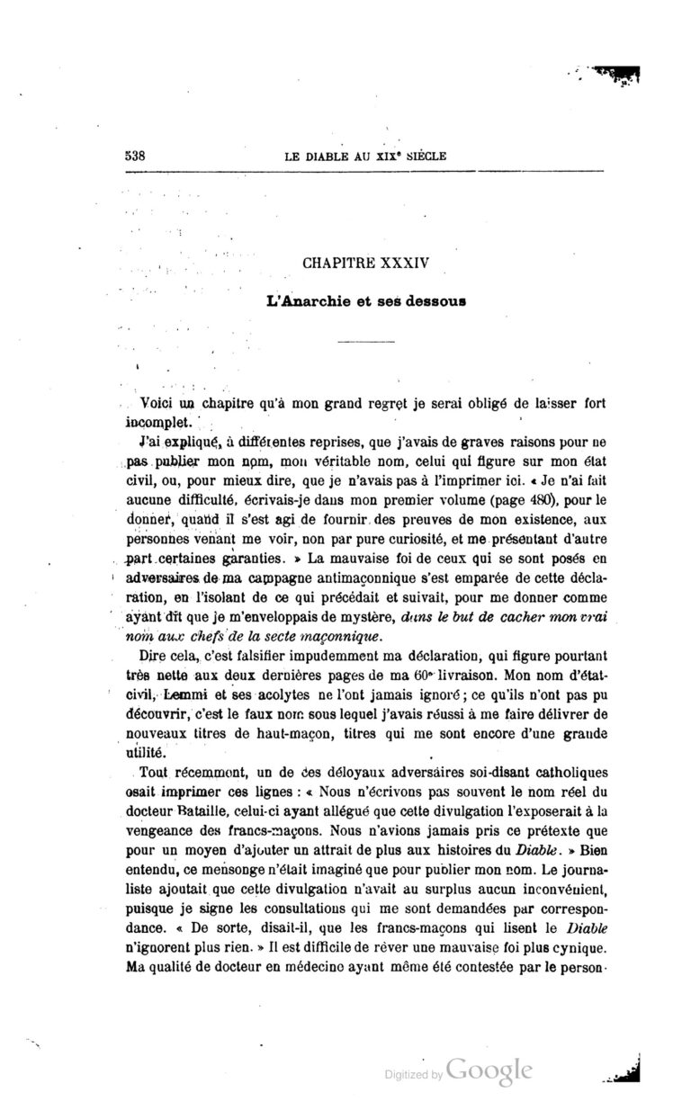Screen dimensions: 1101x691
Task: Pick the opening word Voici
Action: tap(157, 404)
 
